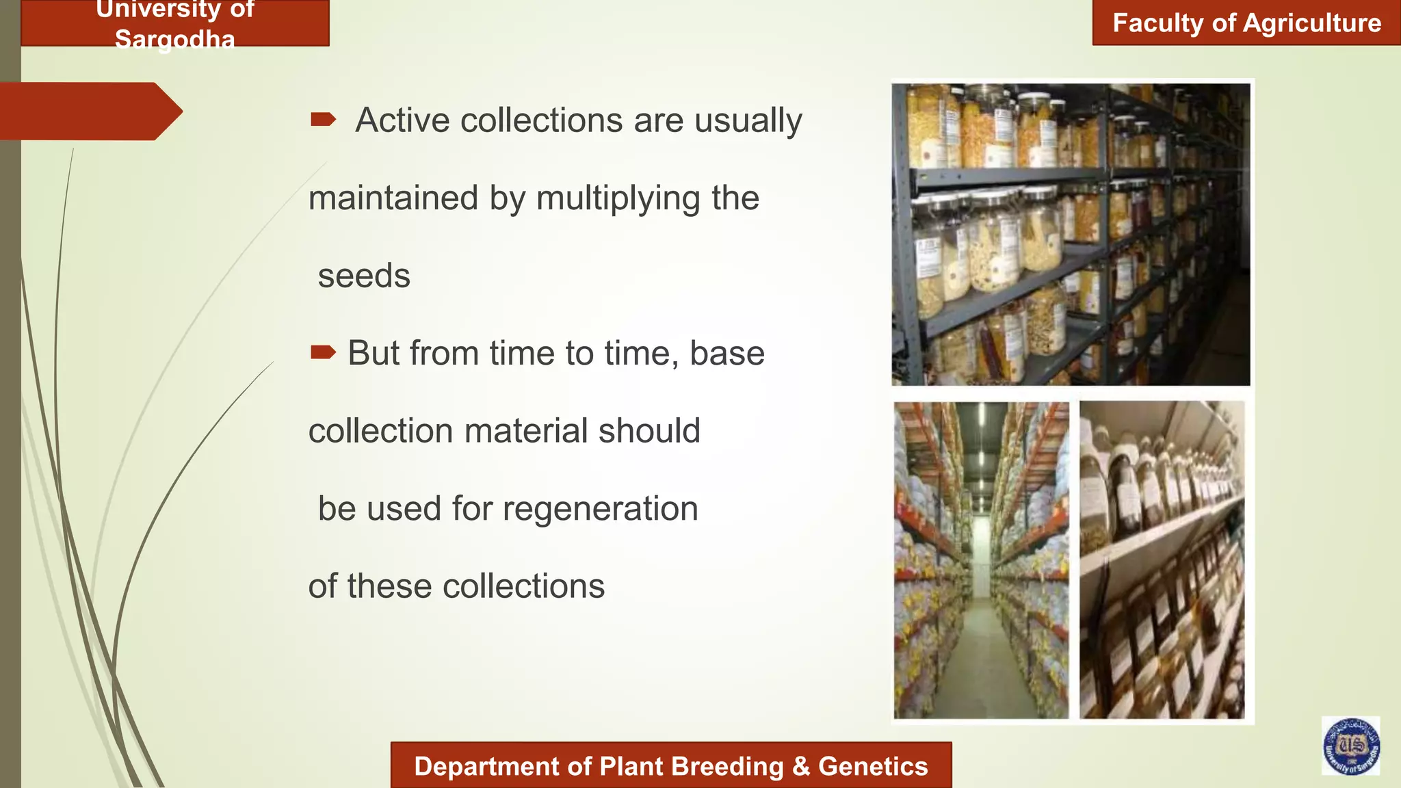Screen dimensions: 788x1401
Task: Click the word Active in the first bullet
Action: tap(402, 120)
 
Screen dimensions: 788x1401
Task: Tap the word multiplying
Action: tap(618, 199)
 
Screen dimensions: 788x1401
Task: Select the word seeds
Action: tap(364, 276)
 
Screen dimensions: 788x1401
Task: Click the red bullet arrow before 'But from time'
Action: tap(323, 352)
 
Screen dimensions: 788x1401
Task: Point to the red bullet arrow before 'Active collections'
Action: tap(323, 120)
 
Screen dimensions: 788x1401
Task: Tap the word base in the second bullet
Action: tap(726, 353)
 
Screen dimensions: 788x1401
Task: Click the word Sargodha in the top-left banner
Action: tap(174, 39)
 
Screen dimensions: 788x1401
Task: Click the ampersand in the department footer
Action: tap(800, 766)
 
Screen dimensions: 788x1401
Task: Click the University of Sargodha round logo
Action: tap(1350, 746)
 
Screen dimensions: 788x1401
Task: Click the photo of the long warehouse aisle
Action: tap(981, 560)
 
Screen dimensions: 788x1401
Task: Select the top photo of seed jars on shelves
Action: tap(1071, 234)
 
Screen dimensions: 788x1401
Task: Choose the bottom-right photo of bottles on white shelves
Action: tap(1162, 560)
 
